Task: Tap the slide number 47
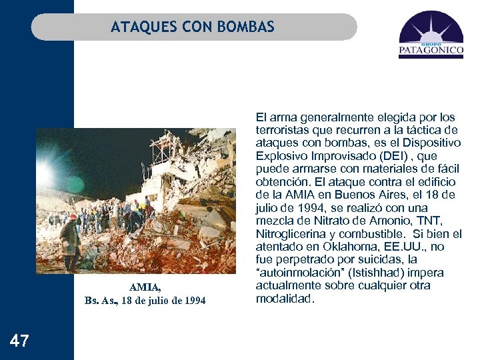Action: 20,341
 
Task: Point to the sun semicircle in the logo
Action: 431,33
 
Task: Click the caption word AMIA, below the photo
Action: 145,287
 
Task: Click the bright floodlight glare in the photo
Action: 45,175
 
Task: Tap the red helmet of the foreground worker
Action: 73,217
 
